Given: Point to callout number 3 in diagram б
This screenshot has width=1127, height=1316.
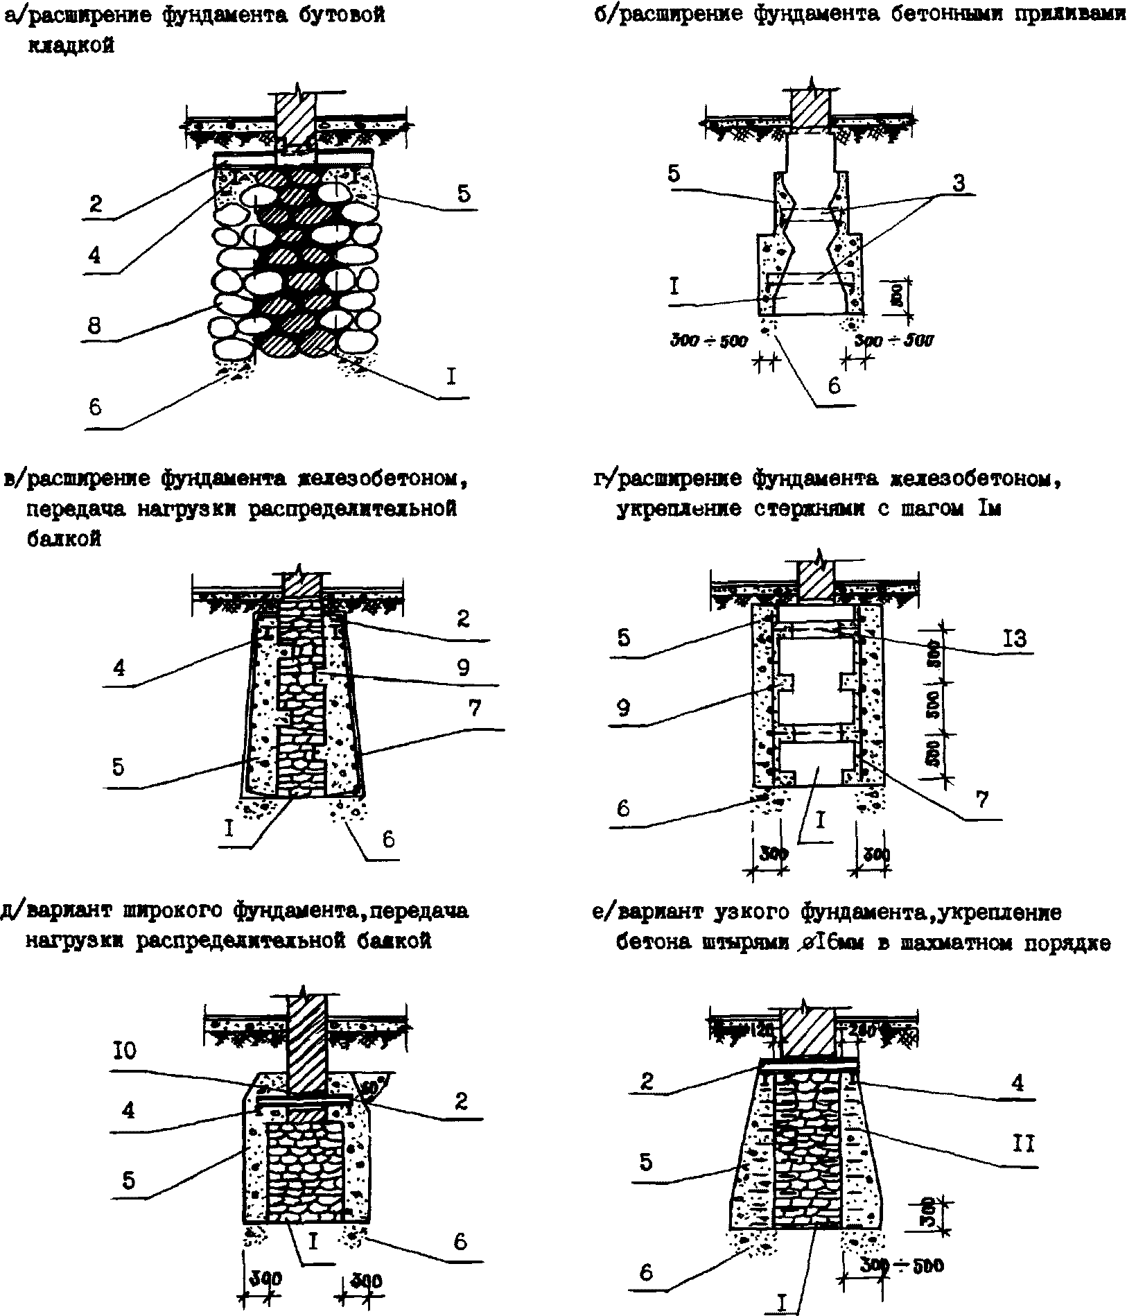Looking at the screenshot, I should pos(958,184).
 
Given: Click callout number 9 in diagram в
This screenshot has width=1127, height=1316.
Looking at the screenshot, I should pos(463,668).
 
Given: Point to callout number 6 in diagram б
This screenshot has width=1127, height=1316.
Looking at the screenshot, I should pos(835,386).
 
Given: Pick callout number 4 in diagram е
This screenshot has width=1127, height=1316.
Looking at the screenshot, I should pos(1017,1082).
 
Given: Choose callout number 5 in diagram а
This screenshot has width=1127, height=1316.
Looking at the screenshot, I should pos(463,193).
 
